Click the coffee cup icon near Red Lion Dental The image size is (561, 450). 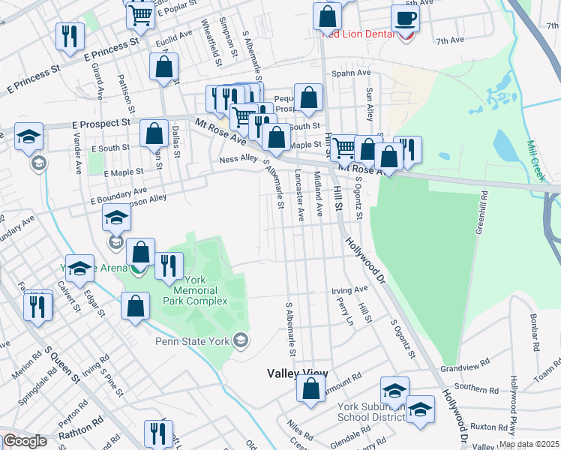pos(406,19)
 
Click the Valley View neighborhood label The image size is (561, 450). pos(298,373)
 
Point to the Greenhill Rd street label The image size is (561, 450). pos(480,212)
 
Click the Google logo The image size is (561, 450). pos(24,441)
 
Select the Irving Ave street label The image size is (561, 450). pos(349,289)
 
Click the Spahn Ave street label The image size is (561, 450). pos(353,73)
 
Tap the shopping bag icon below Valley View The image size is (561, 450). pos(310,388)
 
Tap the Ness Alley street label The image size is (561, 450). pos(238,159)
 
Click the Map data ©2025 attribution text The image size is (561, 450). pos(528,444)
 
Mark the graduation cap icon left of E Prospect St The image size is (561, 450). pos(28,136)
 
